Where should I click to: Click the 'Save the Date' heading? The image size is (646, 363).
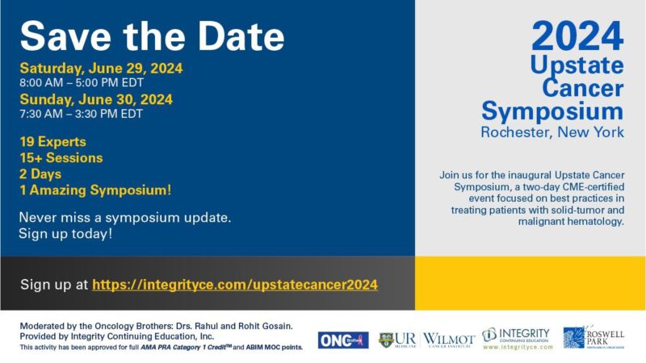pos(152,35)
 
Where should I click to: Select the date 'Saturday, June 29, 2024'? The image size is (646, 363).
pos(101,69)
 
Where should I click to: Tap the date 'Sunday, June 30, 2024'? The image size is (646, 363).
pos(96,99)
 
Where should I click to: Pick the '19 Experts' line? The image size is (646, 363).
pos(54,141)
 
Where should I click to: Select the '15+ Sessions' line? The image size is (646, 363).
pos(61,157)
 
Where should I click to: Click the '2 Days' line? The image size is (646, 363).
pos(40,173)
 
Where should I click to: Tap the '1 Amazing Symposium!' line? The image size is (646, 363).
pos(95,190)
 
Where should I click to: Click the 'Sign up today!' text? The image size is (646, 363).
pos(65,234)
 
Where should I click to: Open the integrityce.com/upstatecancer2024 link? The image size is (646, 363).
pos(235,285)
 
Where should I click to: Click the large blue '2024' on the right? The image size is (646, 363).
pos(577,36)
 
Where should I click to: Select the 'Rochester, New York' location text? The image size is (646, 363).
pos(552,131)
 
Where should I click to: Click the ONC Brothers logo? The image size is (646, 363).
pos(342,340)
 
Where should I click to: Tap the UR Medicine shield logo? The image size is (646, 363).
pos(386,340)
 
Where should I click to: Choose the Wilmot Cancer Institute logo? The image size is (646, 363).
pos(449,339)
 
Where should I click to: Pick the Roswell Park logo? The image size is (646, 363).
pos(594,337)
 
